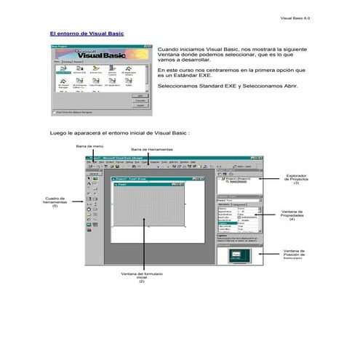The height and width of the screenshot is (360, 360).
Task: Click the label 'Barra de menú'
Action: coord(88,145)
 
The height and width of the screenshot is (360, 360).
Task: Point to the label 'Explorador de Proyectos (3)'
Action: coord(297,178)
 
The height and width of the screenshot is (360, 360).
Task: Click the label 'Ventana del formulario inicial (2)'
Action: coord(142,277)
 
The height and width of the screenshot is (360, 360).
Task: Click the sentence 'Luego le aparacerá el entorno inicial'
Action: coord(120,133)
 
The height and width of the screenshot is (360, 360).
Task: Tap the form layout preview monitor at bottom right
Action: coord(239,254)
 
